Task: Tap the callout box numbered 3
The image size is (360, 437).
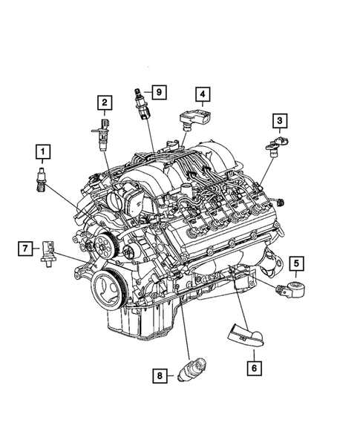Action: coord(280,120)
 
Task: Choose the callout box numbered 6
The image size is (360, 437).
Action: coord(252,364)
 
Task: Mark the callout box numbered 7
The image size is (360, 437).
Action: coord(25,248)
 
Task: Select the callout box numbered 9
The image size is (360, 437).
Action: coord(158,92)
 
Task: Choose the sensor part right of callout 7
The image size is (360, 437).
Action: coord(50,252)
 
